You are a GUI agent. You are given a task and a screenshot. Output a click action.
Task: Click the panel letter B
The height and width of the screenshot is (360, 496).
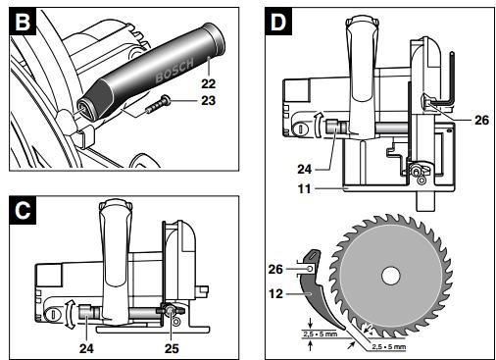point(23,22)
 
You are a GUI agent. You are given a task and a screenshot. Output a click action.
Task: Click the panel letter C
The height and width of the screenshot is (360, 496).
point(23,211)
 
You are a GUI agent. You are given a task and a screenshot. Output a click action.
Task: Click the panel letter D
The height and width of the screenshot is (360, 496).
point(278,22)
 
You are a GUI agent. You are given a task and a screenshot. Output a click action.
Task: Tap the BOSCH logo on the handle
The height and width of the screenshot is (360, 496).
point(174,70)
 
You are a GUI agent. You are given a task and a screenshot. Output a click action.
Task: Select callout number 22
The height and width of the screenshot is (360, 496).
point(209,84)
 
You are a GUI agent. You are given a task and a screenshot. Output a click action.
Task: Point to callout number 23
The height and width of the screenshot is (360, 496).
point(209,101)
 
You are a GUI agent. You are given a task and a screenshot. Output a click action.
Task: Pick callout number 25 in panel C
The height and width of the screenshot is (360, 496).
point(172,348)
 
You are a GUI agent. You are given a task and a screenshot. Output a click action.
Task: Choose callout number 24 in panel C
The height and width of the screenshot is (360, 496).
point(86,348)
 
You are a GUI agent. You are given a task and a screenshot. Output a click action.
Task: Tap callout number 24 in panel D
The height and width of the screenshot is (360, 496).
point(305,170)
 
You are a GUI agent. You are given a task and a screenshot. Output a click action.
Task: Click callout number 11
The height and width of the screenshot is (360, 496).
point(304,188)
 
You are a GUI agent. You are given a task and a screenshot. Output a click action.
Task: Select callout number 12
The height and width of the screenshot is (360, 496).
point(275,293)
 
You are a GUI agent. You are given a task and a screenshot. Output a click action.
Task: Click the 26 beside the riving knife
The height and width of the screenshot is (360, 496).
point(275,269)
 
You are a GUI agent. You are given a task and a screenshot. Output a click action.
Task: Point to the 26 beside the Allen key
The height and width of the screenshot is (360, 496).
point(482,121)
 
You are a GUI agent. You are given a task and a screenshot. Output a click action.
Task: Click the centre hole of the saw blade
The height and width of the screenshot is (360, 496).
point(391,275)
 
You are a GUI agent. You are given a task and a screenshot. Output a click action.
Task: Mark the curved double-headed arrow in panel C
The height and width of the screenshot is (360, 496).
point(69,314)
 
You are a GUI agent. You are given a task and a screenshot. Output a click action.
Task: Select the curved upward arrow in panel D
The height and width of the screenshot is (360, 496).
point(318,125)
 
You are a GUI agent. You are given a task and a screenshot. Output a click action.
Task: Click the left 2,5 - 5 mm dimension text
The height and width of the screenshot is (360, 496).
point(321,334)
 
